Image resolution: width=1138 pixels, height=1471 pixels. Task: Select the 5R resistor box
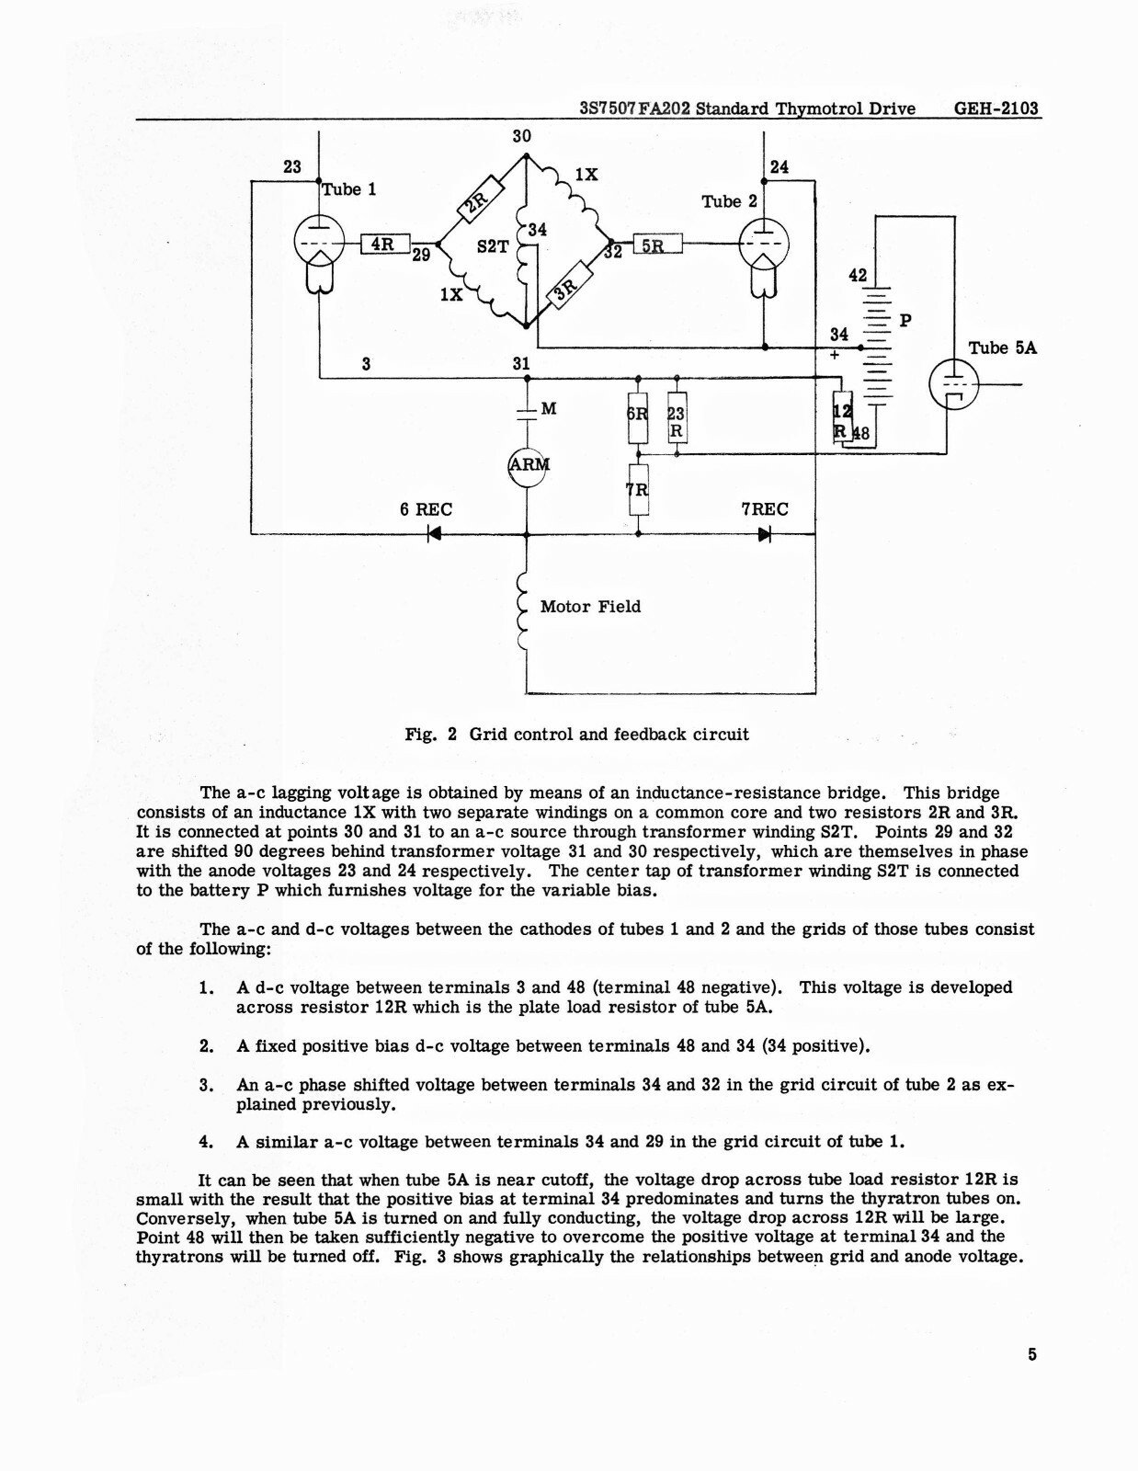coord(657,243)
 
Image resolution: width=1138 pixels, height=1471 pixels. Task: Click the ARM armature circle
coord(527,466)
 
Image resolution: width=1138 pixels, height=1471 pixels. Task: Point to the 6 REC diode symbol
coord(434,534)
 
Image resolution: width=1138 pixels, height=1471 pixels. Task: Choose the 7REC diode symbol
coord(765,534)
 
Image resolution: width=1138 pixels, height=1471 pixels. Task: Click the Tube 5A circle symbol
coord(953,383)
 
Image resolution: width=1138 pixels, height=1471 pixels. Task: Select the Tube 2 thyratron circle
coord(764,244)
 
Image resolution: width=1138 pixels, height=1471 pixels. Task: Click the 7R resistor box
coord(639,489)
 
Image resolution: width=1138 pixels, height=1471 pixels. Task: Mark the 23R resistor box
coord(677,417)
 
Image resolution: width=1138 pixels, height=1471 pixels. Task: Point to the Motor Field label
coord(590,607)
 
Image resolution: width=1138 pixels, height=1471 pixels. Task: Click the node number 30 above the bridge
coord(521,136)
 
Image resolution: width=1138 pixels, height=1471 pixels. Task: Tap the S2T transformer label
coord(493,246)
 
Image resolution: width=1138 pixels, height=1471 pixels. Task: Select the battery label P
coord(905,320)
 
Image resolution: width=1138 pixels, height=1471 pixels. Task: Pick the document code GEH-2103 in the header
coord(996,108)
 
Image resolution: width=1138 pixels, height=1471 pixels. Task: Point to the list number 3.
coord(206,1085)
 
